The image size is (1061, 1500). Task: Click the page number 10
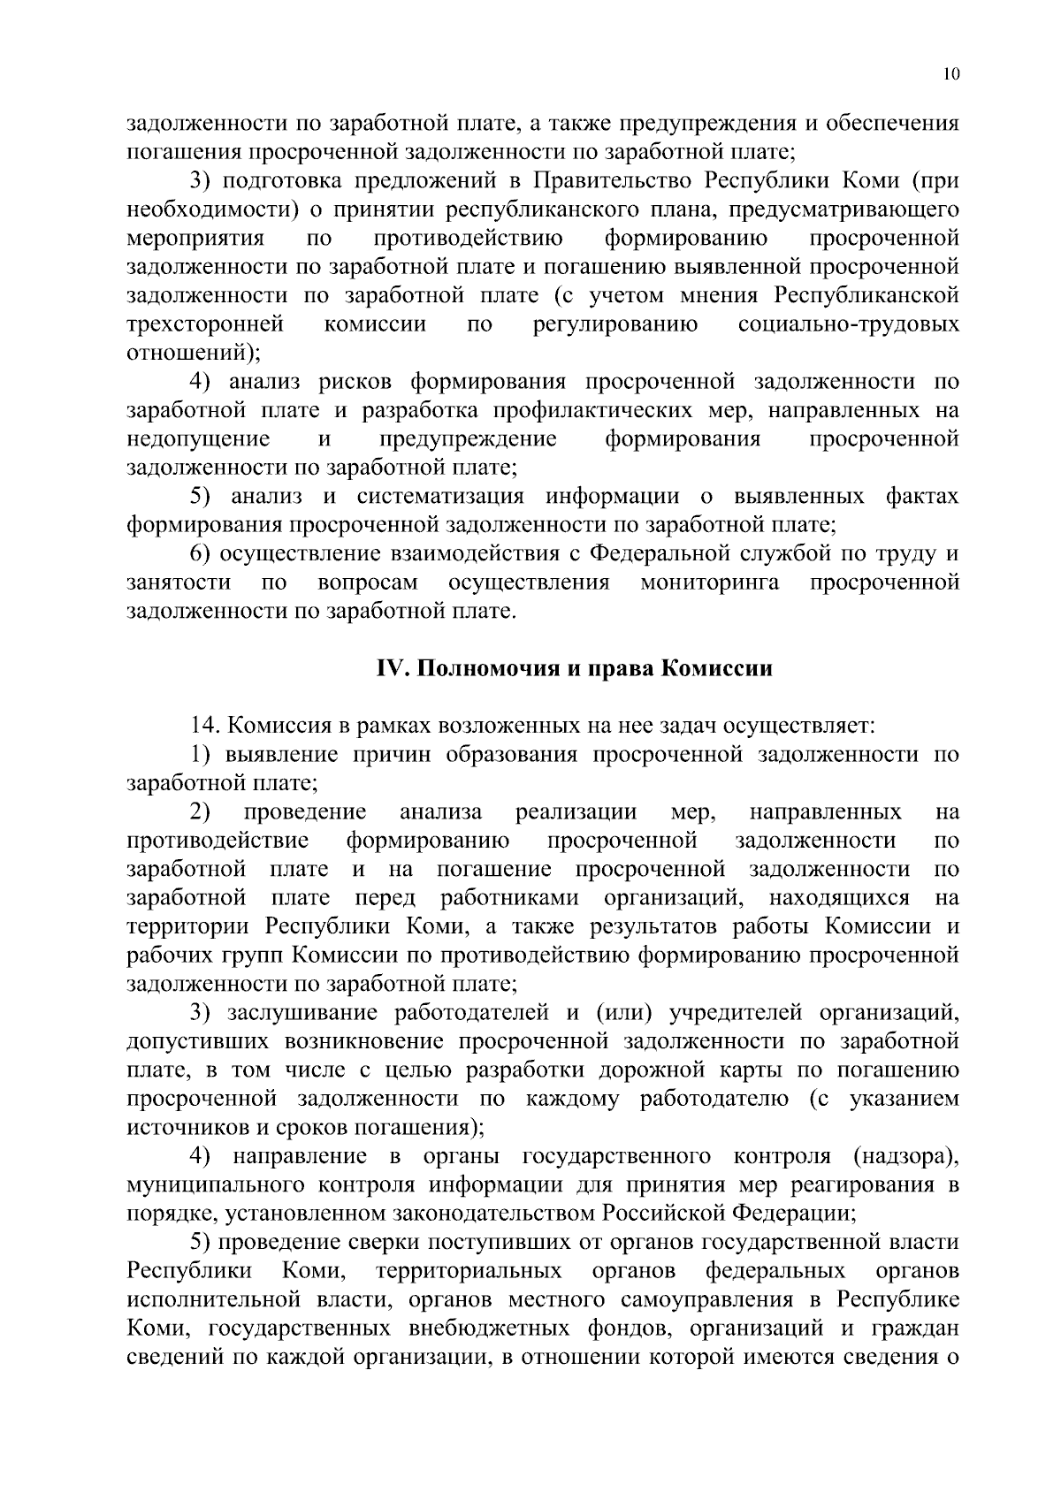point(950,74)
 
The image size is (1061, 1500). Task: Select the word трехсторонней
point(205,324)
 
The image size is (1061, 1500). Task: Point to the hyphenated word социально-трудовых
point(848,324)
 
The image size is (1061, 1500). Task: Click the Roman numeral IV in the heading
point(390,669)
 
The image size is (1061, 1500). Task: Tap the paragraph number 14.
point(204,727)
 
